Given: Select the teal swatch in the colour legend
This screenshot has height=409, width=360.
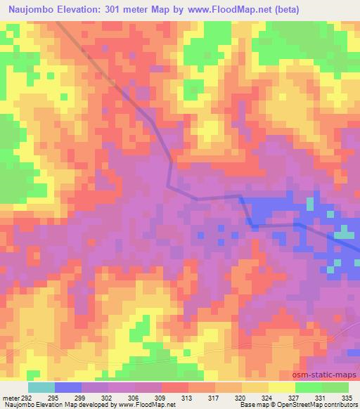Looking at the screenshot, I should click(41, 387).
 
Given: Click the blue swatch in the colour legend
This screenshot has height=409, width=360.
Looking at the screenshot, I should click(67, 387).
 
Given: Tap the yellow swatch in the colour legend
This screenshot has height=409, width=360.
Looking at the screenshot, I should click(281, 387).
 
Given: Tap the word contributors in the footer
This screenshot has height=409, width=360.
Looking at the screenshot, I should click(342, 405).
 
